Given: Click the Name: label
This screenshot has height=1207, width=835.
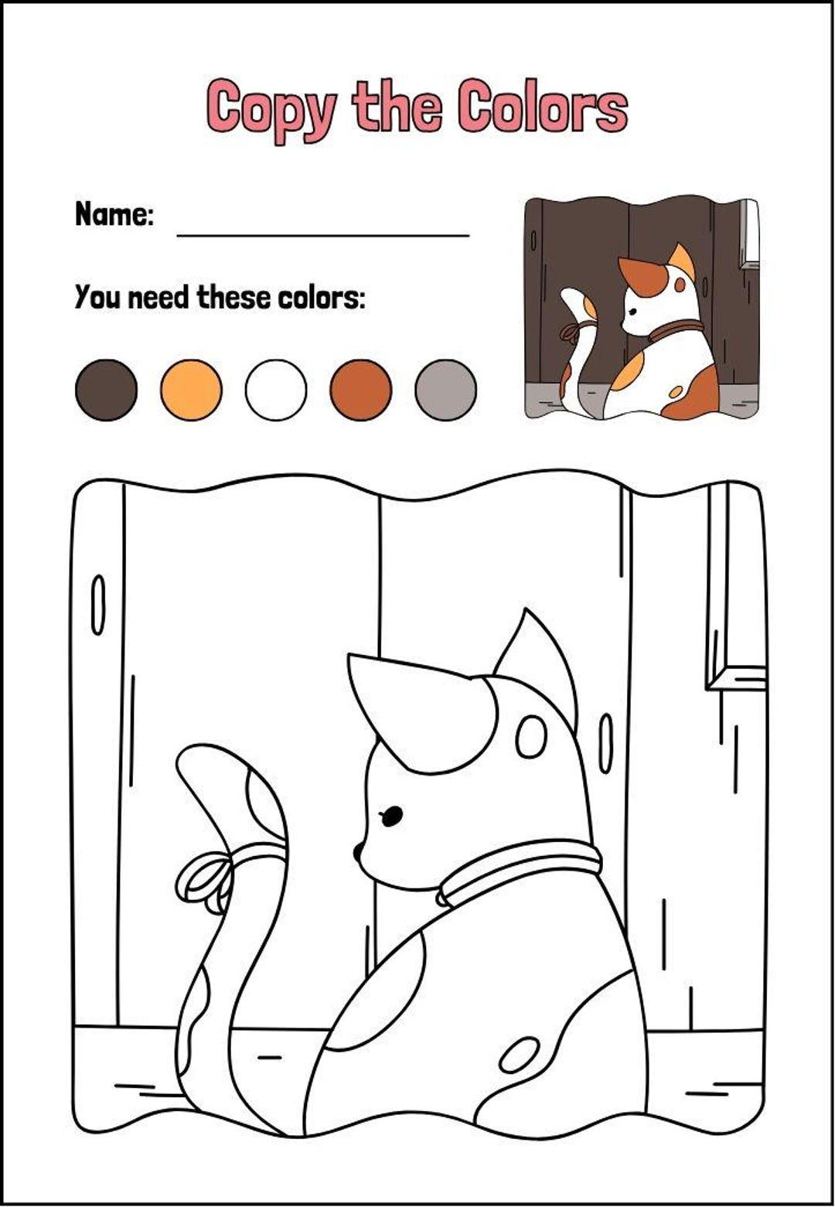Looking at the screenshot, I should tap(114, 214).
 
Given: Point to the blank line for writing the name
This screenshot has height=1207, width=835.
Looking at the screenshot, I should tap(323, 232).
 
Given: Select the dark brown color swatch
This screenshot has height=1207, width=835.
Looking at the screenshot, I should tap(106, 390).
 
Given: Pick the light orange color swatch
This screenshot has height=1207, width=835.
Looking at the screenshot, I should tap(191, 390).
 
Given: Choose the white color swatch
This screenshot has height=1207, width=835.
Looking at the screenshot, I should tap(276, 390).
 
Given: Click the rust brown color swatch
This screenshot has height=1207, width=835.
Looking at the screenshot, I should tap(360, 390).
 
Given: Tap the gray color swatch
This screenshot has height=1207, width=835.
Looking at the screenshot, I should tap(445, 390).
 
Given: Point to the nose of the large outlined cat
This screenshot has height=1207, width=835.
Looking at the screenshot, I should tap(359, 852).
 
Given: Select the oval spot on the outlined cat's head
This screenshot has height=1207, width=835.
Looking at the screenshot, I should tap(531, 737).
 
